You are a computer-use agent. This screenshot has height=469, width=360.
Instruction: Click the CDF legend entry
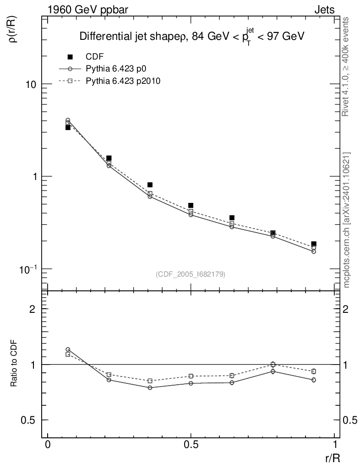pyautogui.click(x=94, y=57)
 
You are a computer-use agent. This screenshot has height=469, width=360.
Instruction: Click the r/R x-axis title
pyautogui.click(x=333, y=458)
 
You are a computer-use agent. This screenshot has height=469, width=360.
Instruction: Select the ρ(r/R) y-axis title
pyautogui.click(x=14, y=28)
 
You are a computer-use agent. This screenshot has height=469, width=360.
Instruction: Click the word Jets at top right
pyautogui.click(x=324, y=10)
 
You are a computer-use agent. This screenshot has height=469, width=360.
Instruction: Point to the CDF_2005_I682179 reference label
pyautogui.click(x=191, y=274)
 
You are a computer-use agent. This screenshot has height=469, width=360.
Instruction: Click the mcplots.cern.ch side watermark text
pyautogui.click(x=347, y=220)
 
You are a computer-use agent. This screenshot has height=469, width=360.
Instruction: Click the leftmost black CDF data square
pyautogui.click(x=68, y=127)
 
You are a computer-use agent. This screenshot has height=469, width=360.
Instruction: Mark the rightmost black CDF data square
pyautogui.click(x=314, y=244)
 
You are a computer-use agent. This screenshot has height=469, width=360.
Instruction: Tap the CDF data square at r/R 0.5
pyautogui.click(x=191, y=206)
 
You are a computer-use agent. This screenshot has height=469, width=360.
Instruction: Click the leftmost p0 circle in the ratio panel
pyautogui.click(x=68, y=349)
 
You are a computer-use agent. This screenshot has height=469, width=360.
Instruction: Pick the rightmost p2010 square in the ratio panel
pyautogui.click(x=314, y=371)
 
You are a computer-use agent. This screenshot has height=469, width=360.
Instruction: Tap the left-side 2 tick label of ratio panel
pyautogui.click(x=33, y=309)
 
